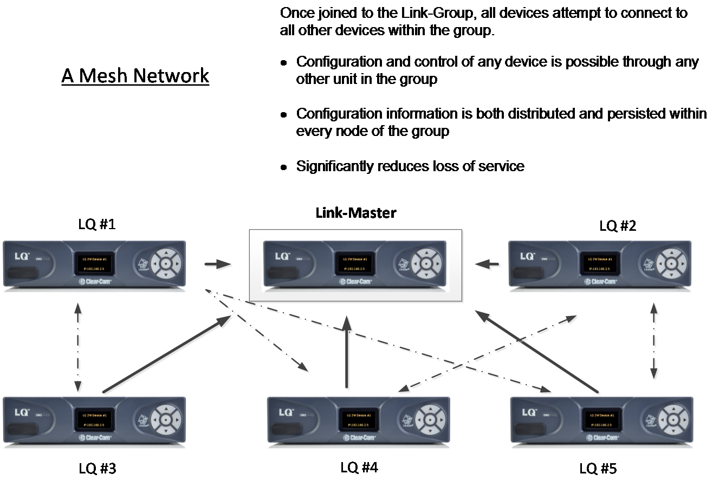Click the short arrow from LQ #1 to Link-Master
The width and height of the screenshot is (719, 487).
tap(218, 265)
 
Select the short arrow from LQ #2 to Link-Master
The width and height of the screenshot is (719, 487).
tap(488, 265)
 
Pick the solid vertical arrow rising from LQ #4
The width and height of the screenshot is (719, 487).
tap(347, 352)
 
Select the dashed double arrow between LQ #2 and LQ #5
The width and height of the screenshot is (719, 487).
tap(655, 341)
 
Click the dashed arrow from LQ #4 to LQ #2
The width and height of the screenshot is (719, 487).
tap(488, 352)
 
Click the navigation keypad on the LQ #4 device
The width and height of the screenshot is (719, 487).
tap(428, 420)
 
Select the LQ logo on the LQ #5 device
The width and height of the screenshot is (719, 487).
tap(528, 412)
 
